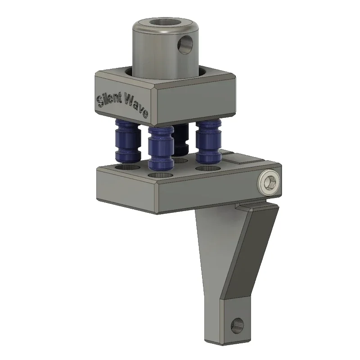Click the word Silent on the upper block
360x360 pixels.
pyautogui.click(x=109, y=99)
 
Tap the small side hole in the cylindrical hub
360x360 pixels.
pyautogui.click(x=184, y=45)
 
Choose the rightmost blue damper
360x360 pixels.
pyautogui.click(x=208, y=141)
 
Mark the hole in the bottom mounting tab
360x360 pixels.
pyautogui.click(x=237, y=324)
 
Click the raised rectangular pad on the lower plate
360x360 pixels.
pyautogui.click(x=240, y=158)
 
